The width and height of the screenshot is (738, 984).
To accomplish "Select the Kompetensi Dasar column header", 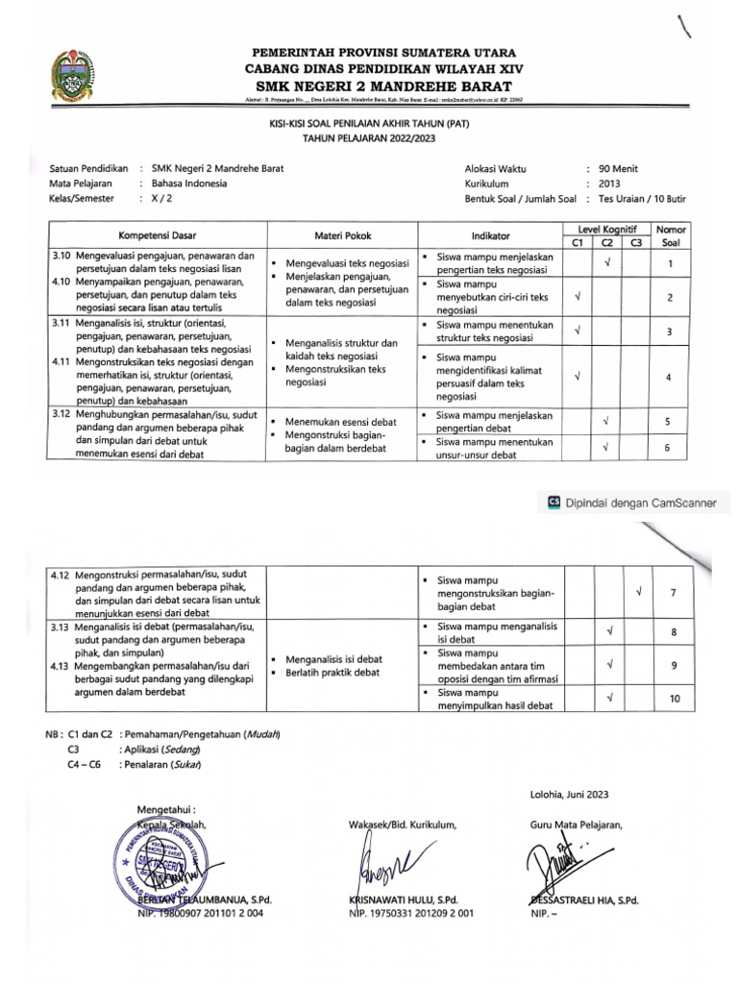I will pos(159,235).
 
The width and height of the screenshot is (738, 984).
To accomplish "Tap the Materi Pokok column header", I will pos(342,235).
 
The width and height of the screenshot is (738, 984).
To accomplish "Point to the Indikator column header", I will pos(490,235).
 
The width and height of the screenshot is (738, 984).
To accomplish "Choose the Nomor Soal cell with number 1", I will pos(669,263).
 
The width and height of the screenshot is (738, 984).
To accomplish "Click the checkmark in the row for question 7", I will pos(638,590).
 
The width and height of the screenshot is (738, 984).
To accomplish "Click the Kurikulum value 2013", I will pos(610,184).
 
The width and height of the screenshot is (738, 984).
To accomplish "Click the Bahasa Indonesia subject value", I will pos(184,184).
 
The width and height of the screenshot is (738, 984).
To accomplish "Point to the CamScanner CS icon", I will pos(553,501).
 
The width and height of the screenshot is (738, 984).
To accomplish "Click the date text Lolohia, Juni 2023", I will pos(569,794).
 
